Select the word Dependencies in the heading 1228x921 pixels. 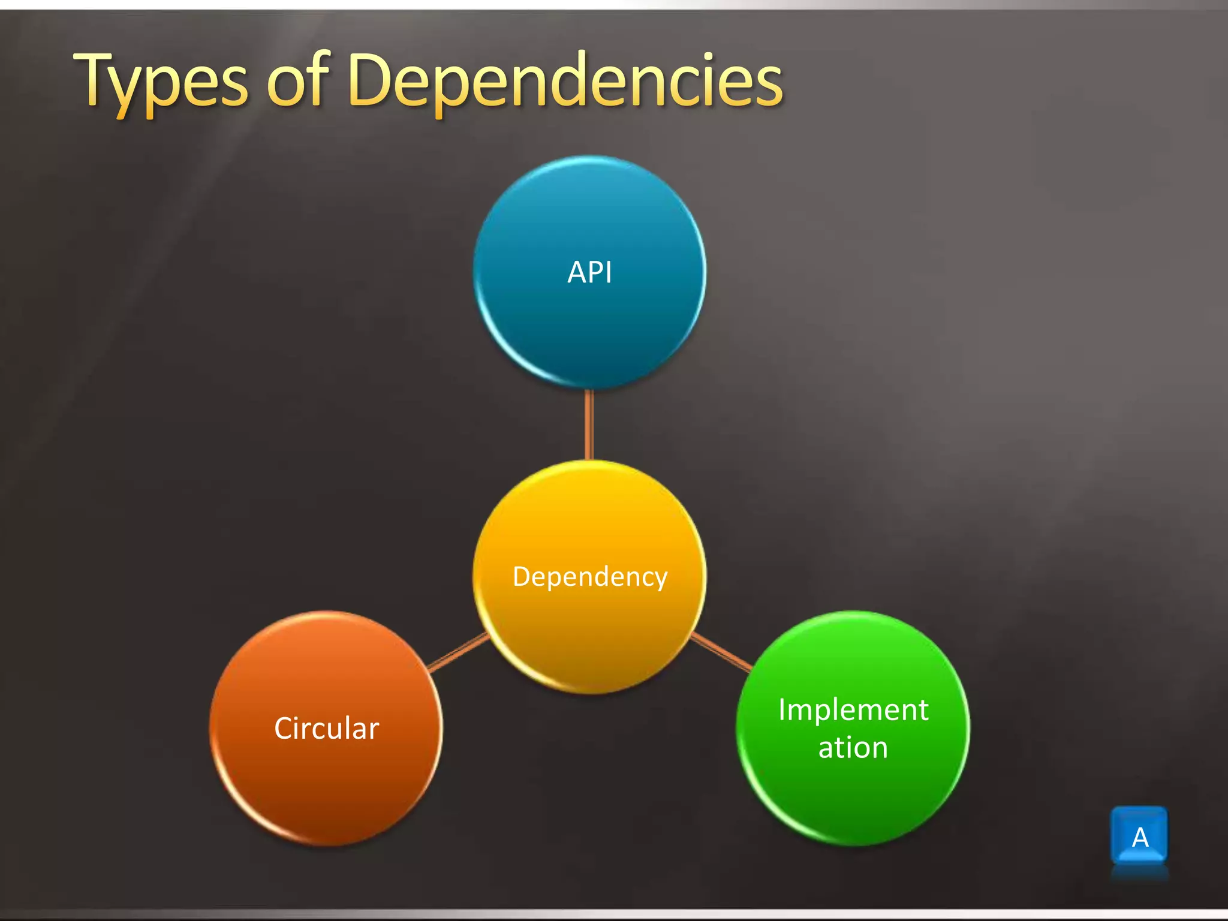[565, 81]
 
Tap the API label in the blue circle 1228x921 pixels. [589, 273]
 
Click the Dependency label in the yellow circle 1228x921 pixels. [590, 577]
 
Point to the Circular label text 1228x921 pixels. [327, 729]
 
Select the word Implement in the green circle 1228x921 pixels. [853, 710]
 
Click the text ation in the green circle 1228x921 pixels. [853, 748]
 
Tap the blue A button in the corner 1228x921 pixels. [1139, 836]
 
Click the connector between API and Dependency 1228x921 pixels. [589, 425]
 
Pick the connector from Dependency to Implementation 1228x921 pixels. [721, 652]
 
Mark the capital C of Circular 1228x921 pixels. [284, 729]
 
